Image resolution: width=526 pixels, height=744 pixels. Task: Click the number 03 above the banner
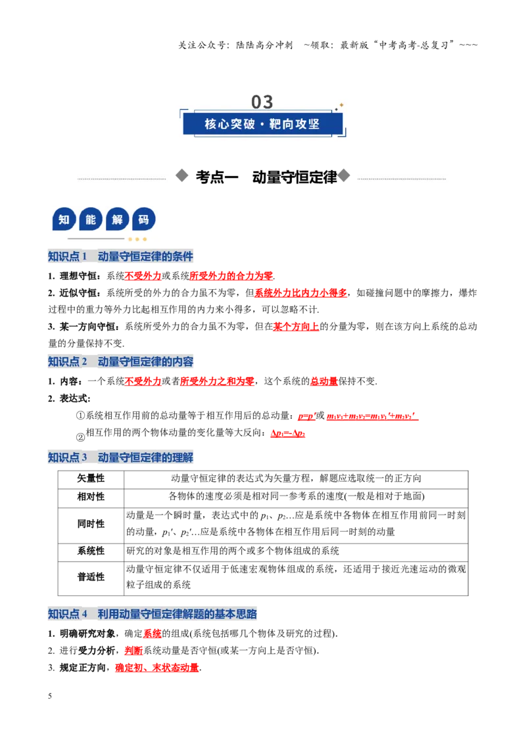tap(262, 101)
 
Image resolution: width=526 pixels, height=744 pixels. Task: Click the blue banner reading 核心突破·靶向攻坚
tap(262, 124)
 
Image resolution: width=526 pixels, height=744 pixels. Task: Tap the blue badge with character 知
tap(64, 220)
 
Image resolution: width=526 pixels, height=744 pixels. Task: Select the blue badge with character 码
tap(144, 220)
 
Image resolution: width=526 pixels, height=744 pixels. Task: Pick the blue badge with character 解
tap(117, 220)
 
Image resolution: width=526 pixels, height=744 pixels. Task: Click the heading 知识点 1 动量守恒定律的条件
tap(120, 256)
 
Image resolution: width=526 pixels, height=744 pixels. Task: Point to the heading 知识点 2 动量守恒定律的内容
tap(120, 361)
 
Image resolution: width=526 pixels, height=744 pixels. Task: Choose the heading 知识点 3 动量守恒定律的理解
tap(120, 457)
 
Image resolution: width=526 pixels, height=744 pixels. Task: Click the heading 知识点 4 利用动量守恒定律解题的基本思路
tap(153, 614)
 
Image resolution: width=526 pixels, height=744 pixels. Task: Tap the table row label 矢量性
tap(91, 478)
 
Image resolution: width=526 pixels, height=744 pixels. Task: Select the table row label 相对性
tap(91, 497)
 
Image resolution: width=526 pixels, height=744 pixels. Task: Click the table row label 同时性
tap(91, 524)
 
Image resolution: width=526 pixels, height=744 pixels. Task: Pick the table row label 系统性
tap(91, 551)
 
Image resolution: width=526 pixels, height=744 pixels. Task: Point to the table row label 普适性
tap(91, 577)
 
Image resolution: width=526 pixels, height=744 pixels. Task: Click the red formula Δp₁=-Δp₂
tap(288, 433)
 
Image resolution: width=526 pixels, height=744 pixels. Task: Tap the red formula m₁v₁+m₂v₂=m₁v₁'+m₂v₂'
tap(372, 416)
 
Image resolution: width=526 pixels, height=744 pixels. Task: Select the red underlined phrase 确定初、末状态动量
tap(157, 668)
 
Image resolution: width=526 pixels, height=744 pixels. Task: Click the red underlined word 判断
tap(134, 651)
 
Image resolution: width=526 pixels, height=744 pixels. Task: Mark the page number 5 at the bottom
tap(50, 696)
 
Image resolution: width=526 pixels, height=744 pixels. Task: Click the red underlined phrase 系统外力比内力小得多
tap(301, 293)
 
